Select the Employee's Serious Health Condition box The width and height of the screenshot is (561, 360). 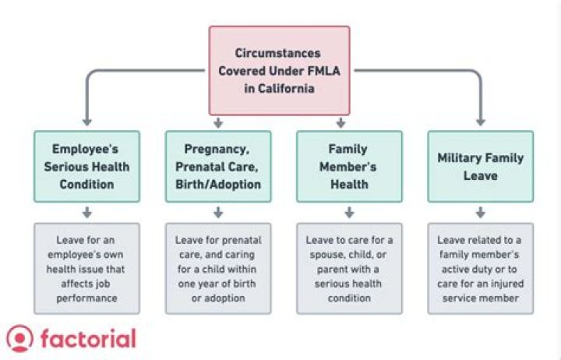(86, 166)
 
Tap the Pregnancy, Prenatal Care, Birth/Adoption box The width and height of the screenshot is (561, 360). (218, 166)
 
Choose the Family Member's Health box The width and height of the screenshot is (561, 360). (349, 166)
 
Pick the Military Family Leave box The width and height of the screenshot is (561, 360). (480, 166)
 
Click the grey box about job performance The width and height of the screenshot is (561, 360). (86, 269)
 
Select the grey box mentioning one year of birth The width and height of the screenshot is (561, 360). (218, 269)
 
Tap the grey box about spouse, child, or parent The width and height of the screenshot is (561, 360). (349, 269)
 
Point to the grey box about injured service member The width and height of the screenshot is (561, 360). (480, 269)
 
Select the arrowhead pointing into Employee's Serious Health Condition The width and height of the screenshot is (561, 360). (86, 122)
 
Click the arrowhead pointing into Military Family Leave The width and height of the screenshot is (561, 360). (480, 122)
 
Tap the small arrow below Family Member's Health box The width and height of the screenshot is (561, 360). (349, 212)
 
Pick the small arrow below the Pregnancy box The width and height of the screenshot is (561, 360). (218, 212)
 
